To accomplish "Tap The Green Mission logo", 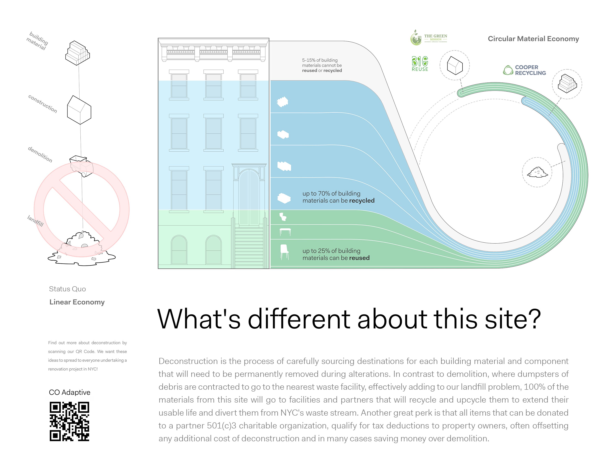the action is [x=429, y=38].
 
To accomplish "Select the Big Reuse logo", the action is [x=420, y=64].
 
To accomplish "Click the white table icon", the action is [x=285, y=232].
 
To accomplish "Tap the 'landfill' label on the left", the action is [x=35, y=221].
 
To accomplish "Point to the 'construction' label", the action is [x=43, y=104].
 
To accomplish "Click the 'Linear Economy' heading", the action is [x=77, y=302].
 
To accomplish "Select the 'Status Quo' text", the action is [x=67, y=289].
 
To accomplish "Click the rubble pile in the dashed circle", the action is [x=537, y=172].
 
